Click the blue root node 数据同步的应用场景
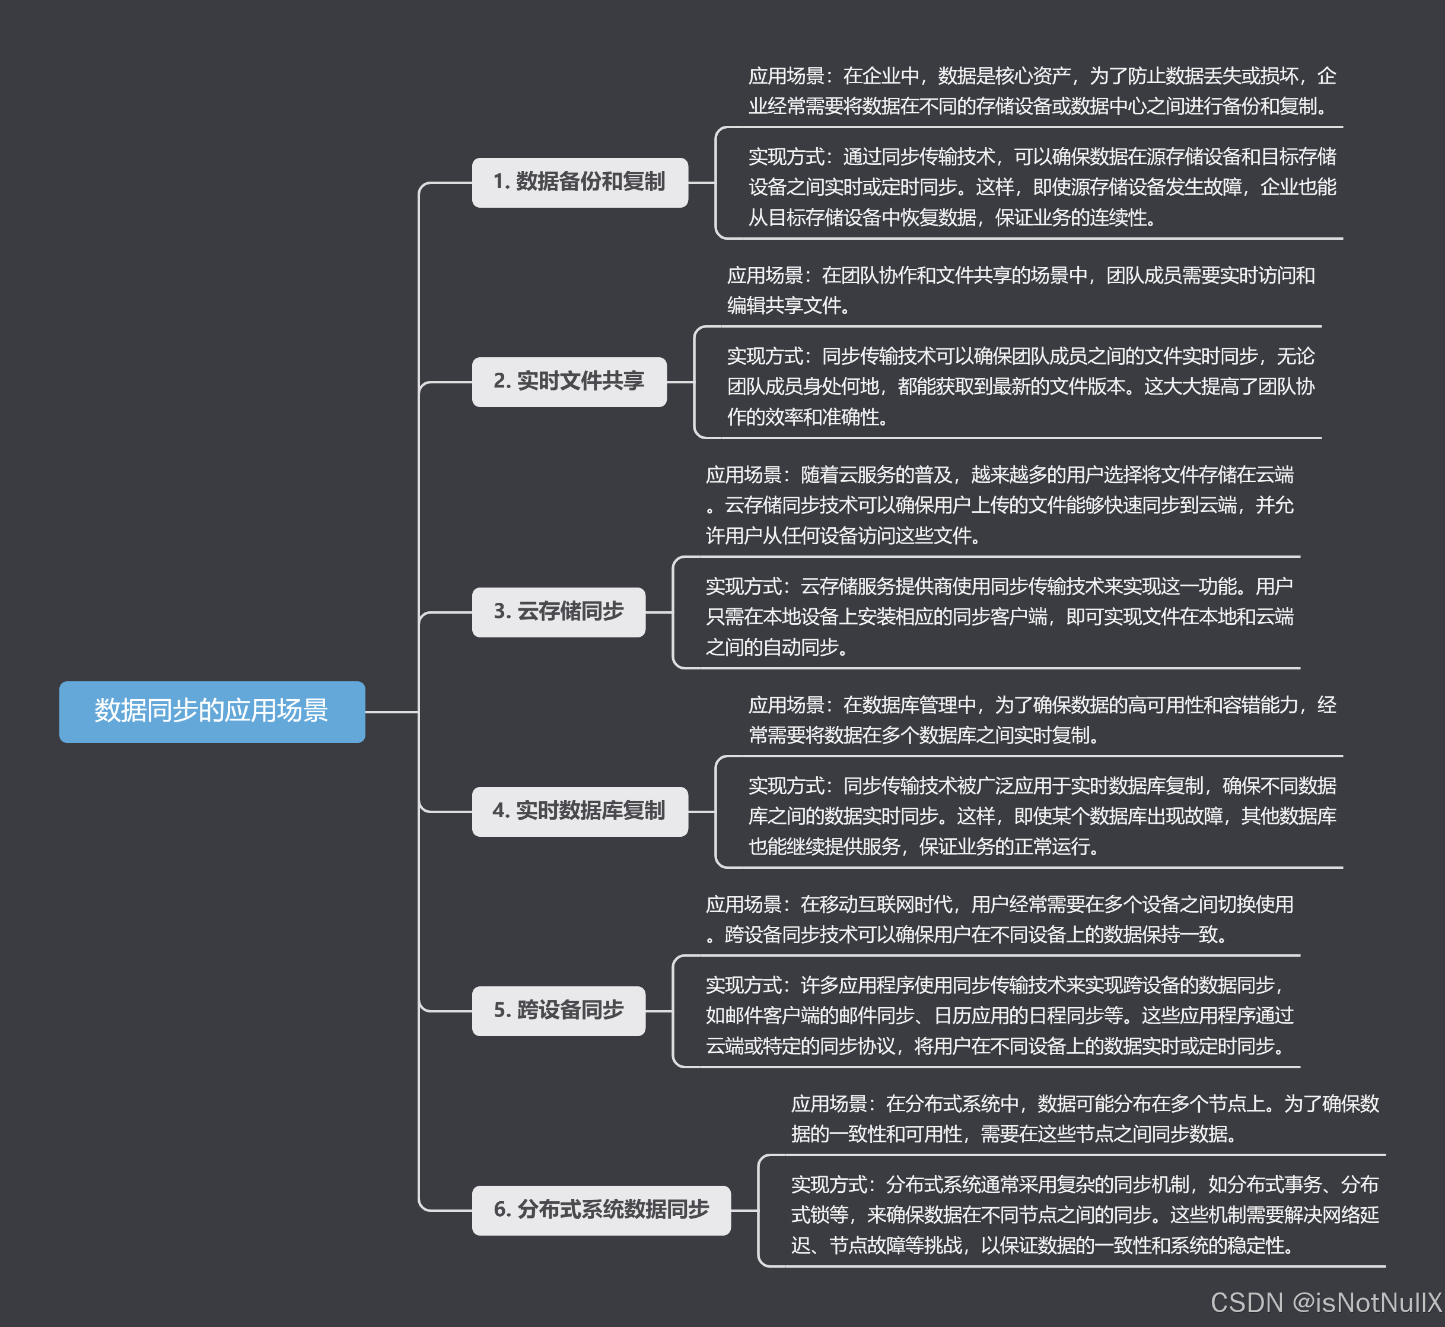tap(212, 711)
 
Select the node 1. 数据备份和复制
tap(580, 182)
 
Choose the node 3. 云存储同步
tap(558, 612)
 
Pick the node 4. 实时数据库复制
tap(580, 811)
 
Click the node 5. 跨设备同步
tap(558, 1010)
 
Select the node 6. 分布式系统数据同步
tap(601, 1210)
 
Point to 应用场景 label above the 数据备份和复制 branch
tap(786, 76)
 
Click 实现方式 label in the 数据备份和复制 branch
tap(786, 157)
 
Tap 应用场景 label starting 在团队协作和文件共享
tap(765, 276)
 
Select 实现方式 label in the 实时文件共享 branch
tap(765, 356)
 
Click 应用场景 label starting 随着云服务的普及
tap(743, 475)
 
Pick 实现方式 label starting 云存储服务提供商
tap(743, 587)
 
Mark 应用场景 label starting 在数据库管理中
tap(786, 705)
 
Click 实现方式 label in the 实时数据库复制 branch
tap(786, 786)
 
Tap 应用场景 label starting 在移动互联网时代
tap(743, 904)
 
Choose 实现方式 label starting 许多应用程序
tap(743, 985)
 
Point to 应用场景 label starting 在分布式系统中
tap(829, 1104)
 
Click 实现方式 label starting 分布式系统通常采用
tap(829, 1184)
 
